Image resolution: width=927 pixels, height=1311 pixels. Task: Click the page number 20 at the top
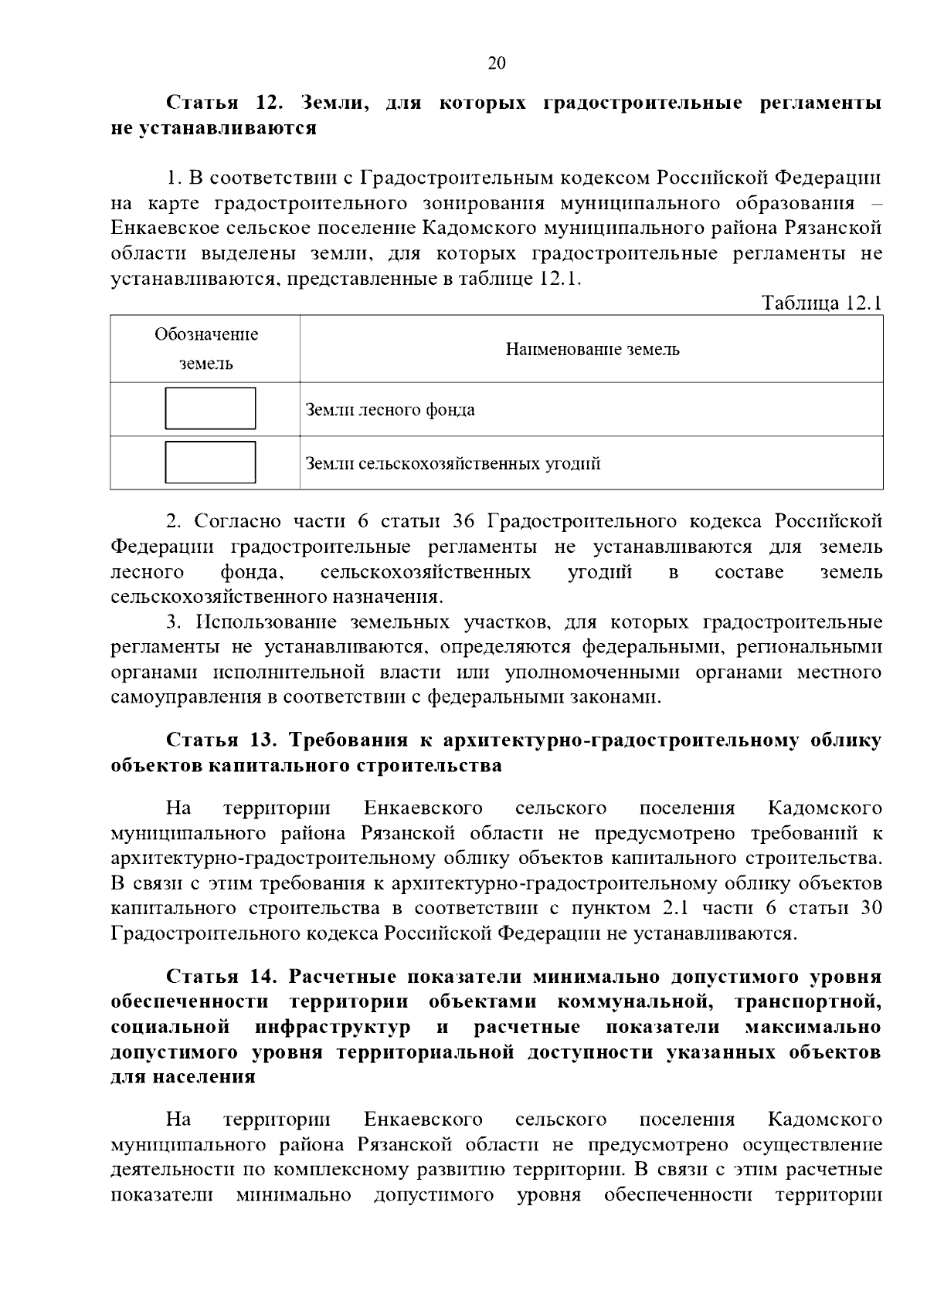(x=497, y=63)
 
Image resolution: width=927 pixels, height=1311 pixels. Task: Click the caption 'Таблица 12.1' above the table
(x=822, y=303)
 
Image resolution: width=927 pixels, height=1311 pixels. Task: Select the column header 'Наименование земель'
(x=592, y=349)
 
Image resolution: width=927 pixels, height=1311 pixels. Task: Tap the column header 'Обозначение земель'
(x=205, y=349)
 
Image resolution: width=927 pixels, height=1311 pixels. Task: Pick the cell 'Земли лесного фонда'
(x=390, y=410)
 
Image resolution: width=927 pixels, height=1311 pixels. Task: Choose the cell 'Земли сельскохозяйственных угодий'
(x=453, y=464)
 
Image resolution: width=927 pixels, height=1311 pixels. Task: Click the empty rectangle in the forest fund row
(x=210, y=408)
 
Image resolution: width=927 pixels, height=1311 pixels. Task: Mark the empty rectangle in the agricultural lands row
(x=210, y=462)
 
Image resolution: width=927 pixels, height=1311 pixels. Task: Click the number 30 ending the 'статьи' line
(x=871, y=908)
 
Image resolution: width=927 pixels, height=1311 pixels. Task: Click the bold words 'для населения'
(x=183, y=1077)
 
